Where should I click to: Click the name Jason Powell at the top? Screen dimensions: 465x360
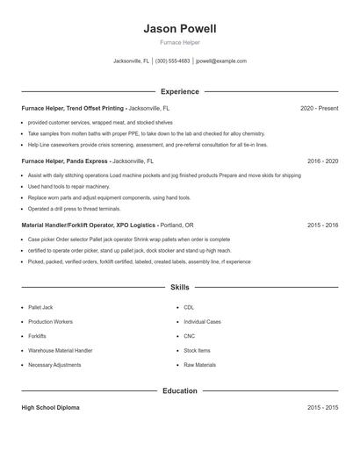pos(179,29)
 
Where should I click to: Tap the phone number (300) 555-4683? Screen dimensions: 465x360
pos(172,61)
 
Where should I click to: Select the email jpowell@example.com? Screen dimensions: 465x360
pos(221,61)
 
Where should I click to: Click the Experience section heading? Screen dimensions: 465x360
pos(179,91)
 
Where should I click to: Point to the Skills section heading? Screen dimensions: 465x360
pos(179,287)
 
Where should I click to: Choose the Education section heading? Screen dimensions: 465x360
pos(179,390)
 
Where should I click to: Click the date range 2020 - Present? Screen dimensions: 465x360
pos(319,108)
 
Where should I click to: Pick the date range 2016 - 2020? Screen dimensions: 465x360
pos(323,161)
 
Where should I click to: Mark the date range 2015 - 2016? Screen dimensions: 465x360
pos(323,225)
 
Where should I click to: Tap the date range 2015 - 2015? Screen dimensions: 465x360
pos(323,408)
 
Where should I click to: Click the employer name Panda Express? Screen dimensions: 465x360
pos(86,161)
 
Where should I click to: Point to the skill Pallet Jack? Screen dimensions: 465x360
pos(40,308)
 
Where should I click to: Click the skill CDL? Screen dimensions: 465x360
pos(189,308)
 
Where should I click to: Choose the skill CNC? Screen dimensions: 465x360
pos(189,336)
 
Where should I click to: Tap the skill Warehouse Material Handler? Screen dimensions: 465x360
pos(60,350)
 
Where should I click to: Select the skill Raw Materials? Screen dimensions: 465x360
pos(199,364)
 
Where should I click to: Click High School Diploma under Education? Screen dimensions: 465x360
pos(50,408)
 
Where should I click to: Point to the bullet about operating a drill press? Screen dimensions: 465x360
pos(74,209)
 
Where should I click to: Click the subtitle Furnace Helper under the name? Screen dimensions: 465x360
pos(179,42)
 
